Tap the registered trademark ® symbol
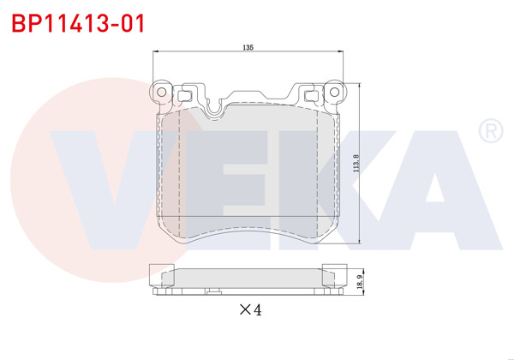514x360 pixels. point(488,131)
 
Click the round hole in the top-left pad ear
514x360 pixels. point(160,91)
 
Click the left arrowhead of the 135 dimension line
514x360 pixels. point(155,53)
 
